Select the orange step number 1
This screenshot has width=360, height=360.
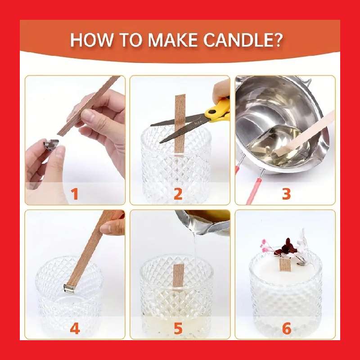[75, 194]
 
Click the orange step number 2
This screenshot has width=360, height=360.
[178, 194]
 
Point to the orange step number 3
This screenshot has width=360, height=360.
[286, 194]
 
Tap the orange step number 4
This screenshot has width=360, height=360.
[75, 329]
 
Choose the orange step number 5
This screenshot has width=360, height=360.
[178, 329]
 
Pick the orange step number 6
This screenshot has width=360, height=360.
[286, 329]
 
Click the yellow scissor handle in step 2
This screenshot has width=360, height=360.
[218, 110]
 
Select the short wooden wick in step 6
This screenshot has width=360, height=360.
[284, 265]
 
